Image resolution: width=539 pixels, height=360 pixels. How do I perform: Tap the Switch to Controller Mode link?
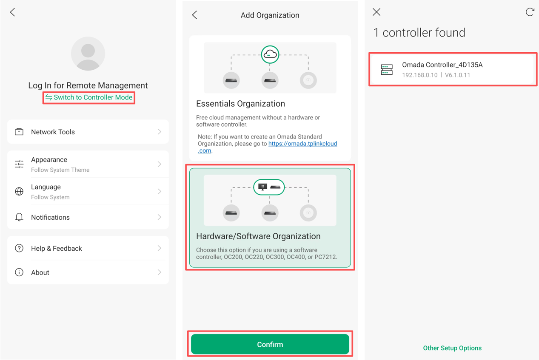point(89,98)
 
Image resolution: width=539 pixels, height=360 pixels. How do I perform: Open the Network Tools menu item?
point(88,132)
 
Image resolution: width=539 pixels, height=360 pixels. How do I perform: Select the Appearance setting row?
point(88,164)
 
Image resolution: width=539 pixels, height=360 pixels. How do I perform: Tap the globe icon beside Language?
point(19,192)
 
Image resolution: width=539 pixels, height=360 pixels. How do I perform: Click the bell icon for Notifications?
point(19,218)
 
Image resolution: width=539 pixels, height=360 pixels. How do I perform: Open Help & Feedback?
point(88,249)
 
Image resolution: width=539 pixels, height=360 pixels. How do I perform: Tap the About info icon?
point(19,272)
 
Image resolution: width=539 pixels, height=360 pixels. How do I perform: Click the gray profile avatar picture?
point(88,54)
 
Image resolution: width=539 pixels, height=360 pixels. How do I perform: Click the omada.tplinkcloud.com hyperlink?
point(302,144)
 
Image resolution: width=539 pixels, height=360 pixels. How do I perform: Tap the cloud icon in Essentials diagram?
point(270,54)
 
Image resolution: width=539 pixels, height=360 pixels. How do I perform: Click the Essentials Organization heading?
point(240,104)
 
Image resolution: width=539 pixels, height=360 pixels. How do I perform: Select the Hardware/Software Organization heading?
point(258,236)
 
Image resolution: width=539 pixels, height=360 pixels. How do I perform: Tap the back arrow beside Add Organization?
point(195,15)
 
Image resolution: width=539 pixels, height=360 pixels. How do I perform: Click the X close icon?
point(376,12)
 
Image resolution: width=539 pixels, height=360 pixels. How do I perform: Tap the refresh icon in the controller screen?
point(530,12)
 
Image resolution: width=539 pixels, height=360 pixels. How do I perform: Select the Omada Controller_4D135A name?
point(442,65)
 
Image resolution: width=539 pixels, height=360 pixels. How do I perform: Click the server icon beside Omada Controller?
point(387,70)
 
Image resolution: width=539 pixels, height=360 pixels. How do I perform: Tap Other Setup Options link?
point(452,348)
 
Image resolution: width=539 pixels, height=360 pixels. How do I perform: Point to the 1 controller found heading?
point(419,33)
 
